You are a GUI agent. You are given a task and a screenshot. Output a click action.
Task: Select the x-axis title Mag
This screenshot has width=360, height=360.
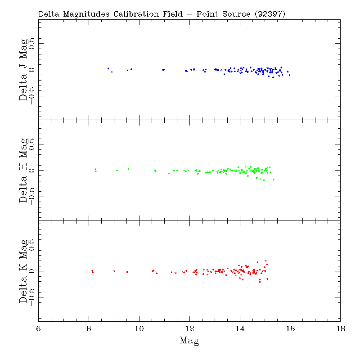[x=189, y=341]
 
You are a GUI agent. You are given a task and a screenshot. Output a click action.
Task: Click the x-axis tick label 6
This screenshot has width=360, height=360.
[x=39, y=328]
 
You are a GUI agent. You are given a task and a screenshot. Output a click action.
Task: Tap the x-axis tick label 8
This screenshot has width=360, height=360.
[x=89, y=328]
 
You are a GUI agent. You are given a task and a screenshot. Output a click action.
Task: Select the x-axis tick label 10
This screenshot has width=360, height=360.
[x=139, y=328]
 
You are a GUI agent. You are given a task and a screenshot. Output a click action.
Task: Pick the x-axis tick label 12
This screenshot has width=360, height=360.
[x=189, y=328]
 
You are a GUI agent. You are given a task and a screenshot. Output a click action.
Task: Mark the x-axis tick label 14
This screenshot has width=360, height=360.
[x=240, y=328]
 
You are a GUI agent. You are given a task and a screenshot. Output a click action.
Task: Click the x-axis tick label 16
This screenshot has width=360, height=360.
[x=290, y=328]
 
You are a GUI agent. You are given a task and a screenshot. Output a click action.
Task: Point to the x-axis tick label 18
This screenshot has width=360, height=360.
[x=340, y=328]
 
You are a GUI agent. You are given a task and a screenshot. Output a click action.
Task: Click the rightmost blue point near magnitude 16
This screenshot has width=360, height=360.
[x=290, y=75]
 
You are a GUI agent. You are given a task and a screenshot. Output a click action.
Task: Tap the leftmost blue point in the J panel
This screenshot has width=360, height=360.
[x=108, y=68]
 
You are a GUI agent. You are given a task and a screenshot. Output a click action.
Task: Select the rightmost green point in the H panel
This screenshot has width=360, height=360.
[x=273, y=180]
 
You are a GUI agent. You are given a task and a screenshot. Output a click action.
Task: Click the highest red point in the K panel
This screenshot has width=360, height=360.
[x=265, y=261]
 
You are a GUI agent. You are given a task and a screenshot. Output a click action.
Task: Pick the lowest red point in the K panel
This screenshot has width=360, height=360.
[x=260, y=282]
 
